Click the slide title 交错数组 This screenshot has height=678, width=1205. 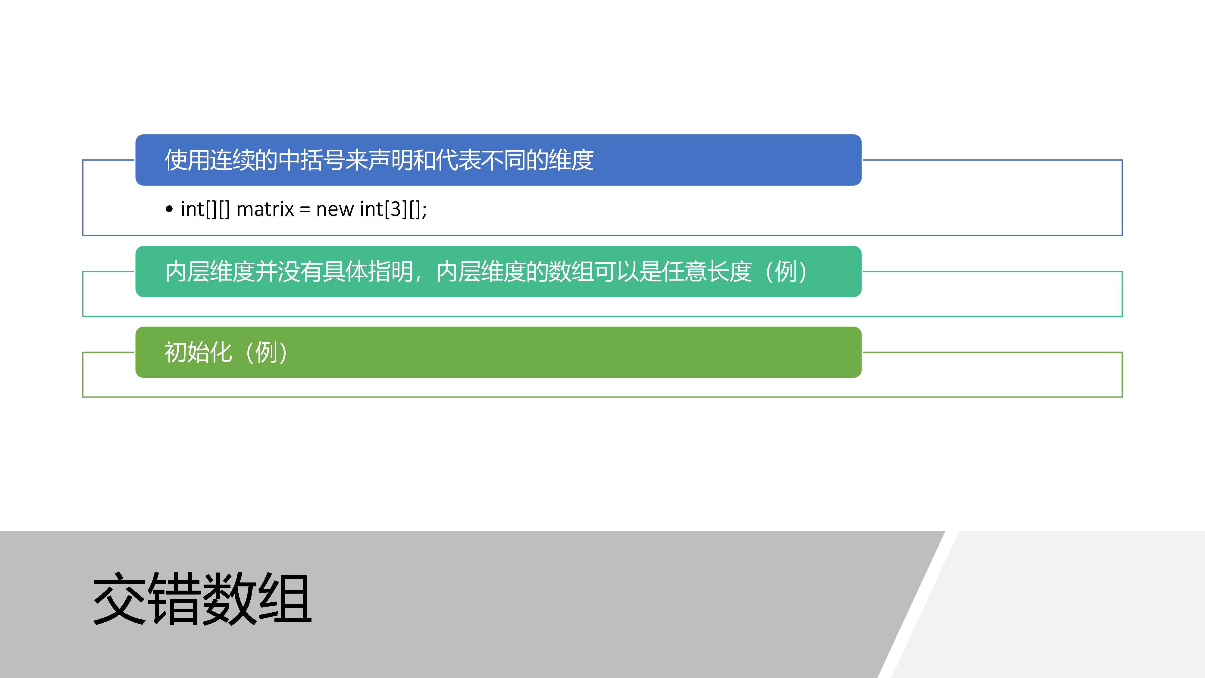tap(202, 599)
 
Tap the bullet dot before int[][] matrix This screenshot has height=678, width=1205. tap(169, 209)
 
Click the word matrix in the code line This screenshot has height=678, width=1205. tap(265, 209)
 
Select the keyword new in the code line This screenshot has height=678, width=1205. tap(334, 210)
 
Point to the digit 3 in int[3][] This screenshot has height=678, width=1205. tap(396, 209)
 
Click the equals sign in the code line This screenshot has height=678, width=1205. tap(305, 210)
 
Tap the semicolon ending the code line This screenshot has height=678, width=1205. tap(424, 211)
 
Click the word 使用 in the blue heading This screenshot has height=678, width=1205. tap(187, 160)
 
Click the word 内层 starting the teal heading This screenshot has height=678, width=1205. tap(187, 272)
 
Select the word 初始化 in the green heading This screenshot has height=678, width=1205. tap(198, 352)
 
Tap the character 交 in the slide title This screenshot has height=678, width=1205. tap(120, 599)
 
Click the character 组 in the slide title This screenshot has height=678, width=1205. tap(285, 599)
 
